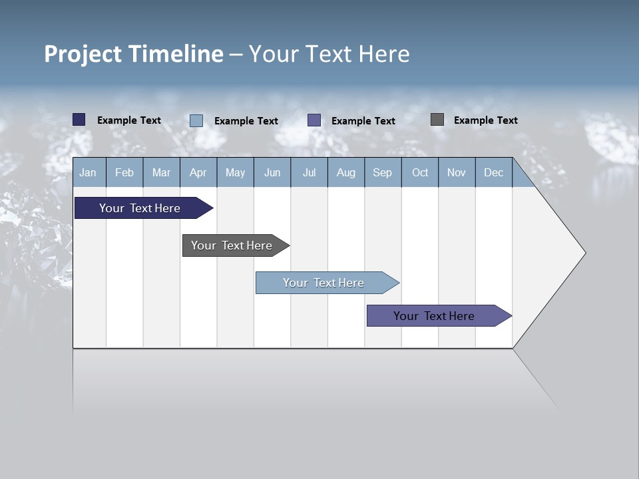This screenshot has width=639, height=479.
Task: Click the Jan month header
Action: [89, 172]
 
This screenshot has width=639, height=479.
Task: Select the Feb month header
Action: [124, 172]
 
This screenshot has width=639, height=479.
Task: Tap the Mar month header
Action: [161, 172]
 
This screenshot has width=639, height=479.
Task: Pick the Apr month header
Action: [198, 172]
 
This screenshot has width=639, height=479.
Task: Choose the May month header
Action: [235, 172]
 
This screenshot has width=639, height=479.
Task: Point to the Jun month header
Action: [272, 172]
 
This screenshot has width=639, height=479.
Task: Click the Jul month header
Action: [309, 172]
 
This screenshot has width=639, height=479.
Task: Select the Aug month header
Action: [346, 172]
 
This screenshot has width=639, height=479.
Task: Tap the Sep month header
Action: [383, 172]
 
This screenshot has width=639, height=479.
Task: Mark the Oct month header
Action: [420, 172]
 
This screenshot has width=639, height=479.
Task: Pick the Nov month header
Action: [457, 172]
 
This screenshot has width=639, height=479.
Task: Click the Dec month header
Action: [494, 172]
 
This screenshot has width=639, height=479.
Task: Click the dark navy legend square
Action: [79, 120]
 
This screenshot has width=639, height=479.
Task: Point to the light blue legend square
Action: [196, 120]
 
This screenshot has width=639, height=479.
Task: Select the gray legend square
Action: [437, 120]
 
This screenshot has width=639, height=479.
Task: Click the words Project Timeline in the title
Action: [134, 54]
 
